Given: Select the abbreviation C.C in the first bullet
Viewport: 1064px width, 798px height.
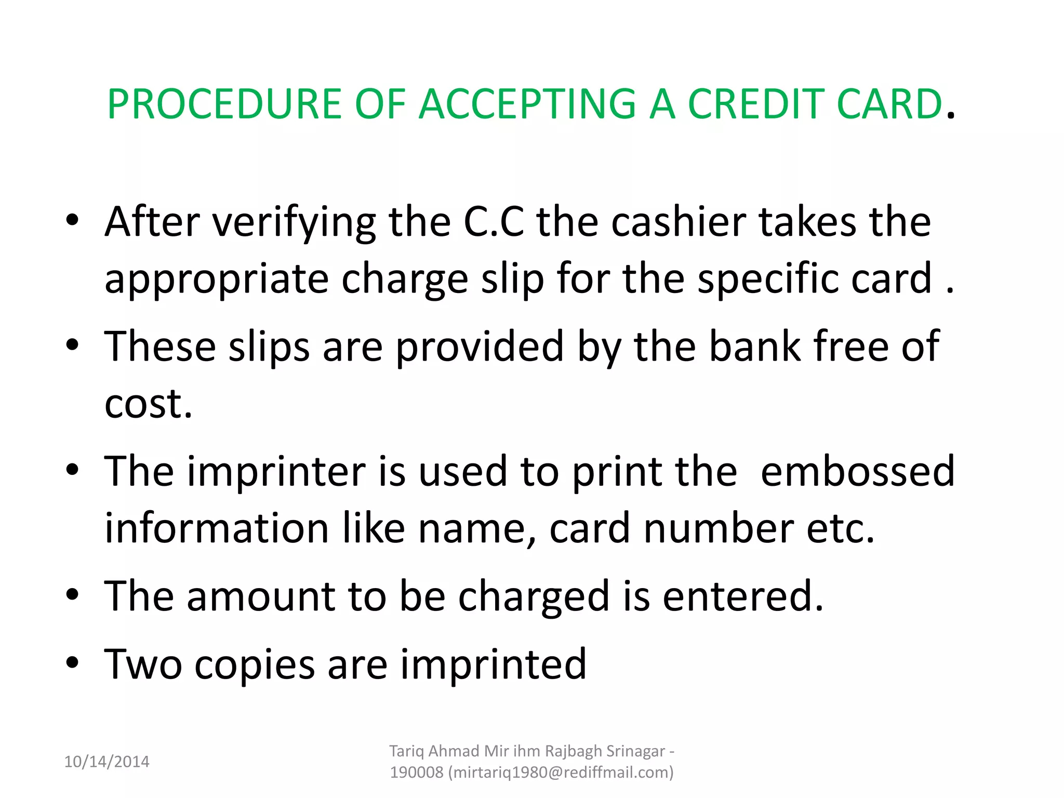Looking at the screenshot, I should (x=493, y=222).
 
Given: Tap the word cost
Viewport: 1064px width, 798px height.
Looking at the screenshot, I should (x=148, y=404).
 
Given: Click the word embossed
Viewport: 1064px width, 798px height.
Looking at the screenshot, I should (x=857, y=471).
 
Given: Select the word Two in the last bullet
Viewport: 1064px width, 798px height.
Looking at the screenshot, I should (x=143, y=664).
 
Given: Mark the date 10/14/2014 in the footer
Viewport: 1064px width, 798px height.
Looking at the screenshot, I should (x=107, y=762).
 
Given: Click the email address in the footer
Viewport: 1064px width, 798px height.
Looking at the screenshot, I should (x=561, y=773).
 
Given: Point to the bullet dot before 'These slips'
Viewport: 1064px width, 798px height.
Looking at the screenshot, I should (x=72, y=344).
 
